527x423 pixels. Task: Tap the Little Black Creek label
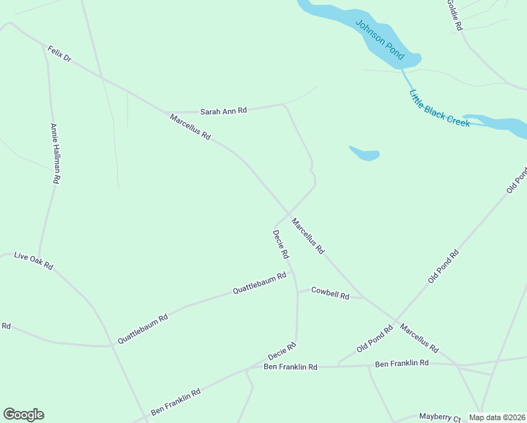[440, 108]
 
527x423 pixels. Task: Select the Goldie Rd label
[453, 15]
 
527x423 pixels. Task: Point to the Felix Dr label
[60, 54]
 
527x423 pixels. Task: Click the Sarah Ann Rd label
[223, 111]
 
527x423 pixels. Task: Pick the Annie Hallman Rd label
[54, 154]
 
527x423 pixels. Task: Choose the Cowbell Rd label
[330, 294]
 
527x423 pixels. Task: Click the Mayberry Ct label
[440, 417]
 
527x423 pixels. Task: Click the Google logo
[23, 415]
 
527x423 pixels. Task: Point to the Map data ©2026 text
[497, 417]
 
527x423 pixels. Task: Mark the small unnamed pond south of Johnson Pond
[364, 153]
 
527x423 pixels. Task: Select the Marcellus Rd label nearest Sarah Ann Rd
[190, 126]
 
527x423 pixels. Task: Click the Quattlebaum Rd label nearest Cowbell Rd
[259, 283]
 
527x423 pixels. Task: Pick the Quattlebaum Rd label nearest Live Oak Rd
[142, 329]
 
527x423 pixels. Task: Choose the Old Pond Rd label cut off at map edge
[516, 180]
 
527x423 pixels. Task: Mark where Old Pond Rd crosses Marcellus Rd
[395, 319]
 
